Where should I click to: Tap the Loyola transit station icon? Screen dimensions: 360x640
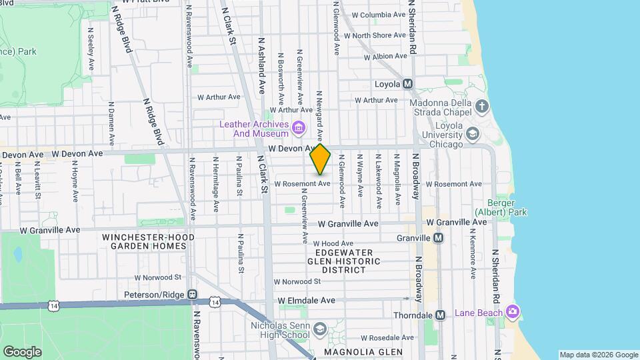pyautogui.click(x=408, y=84)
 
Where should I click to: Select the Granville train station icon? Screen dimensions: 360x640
pyautogui.click(x=439, y=238)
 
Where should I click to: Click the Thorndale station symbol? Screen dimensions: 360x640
pyautogui.click(x=440, y=315)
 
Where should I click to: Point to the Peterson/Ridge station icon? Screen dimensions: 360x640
pyautogui.click(x=192, y=294)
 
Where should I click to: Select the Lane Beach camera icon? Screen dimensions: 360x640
pyautogui.click(x=512, y=311)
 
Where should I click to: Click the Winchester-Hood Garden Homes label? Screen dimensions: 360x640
pyautogui.click(x=148, y=241)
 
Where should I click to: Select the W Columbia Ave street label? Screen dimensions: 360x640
pyautogui.click(x=378, y=15)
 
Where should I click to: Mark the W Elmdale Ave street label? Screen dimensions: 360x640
pyautogui.click(x=307, y=301)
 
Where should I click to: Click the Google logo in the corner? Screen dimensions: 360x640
pyautogui.click(x=22, y=352)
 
